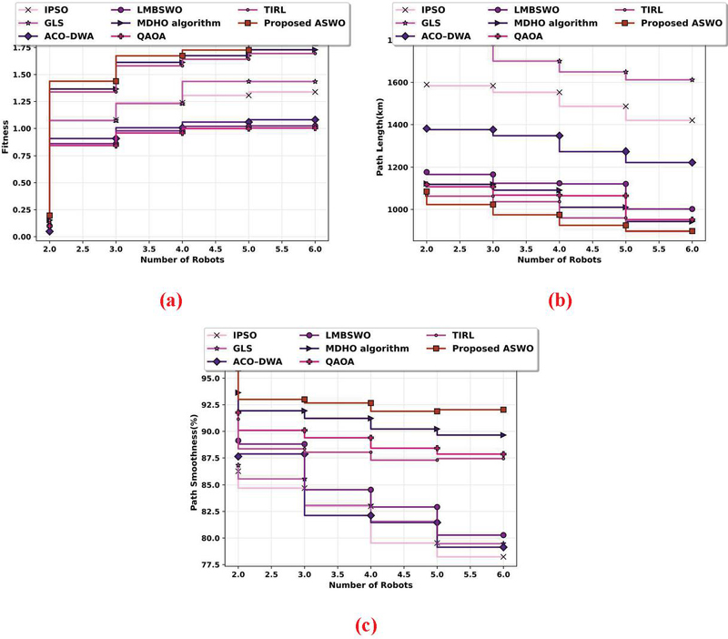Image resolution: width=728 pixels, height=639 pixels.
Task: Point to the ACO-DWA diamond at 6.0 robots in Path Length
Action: pyautogui.click(x=692, y=163)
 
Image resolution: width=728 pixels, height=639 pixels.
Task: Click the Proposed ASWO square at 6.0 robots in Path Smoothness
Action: pyautogui.click(x=503, y=410)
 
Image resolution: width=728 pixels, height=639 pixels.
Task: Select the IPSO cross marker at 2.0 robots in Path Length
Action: pyautogui.click(x=426, y=85)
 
